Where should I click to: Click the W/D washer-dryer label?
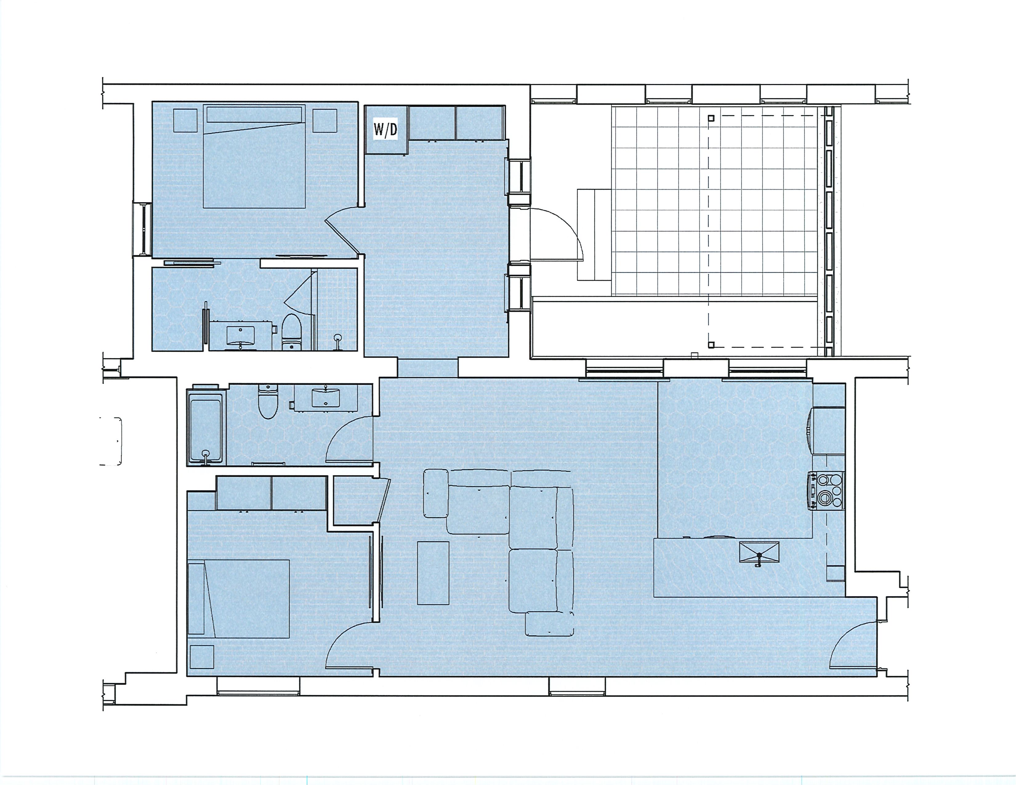(386, 129)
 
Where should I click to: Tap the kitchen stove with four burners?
(827, 491)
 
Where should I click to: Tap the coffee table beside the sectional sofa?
(433, 573)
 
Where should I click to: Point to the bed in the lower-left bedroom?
(238, 598)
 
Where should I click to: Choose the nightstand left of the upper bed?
(185, 121)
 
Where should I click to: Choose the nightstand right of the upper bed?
(325, 121)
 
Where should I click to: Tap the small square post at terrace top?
(711, 118)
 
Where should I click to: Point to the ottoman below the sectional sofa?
(550, 624)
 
